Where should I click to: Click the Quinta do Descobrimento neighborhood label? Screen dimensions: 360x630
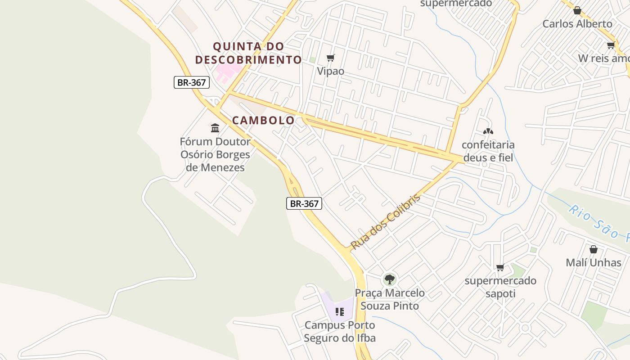[248, 53]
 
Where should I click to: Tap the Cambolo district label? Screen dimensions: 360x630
[263, 120]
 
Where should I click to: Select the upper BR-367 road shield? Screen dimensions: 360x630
[192, 82]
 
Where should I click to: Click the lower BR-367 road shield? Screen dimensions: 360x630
[304, 203]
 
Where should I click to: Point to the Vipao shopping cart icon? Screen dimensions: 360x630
[331, 58]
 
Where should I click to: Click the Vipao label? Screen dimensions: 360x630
[331, 71]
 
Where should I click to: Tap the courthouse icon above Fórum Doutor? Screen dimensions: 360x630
[215, 128]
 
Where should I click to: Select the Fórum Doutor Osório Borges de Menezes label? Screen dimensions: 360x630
[215, 154]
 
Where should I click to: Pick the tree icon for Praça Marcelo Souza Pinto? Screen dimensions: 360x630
[390, 279]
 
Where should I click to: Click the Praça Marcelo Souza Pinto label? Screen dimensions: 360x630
[390, 299]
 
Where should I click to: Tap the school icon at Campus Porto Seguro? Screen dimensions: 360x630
[340, 311]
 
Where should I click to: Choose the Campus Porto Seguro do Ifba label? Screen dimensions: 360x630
[340, 331]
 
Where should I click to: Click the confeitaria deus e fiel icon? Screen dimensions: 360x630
[488, 131]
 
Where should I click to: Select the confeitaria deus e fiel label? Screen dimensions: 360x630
[488, 151]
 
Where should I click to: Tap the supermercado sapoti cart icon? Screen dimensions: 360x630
[500, 268]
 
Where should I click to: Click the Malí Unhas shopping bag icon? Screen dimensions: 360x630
[594, 249]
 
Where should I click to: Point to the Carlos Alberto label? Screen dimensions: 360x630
[577, 24]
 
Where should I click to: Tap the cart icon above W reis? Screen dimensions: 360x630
[611, 45]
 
